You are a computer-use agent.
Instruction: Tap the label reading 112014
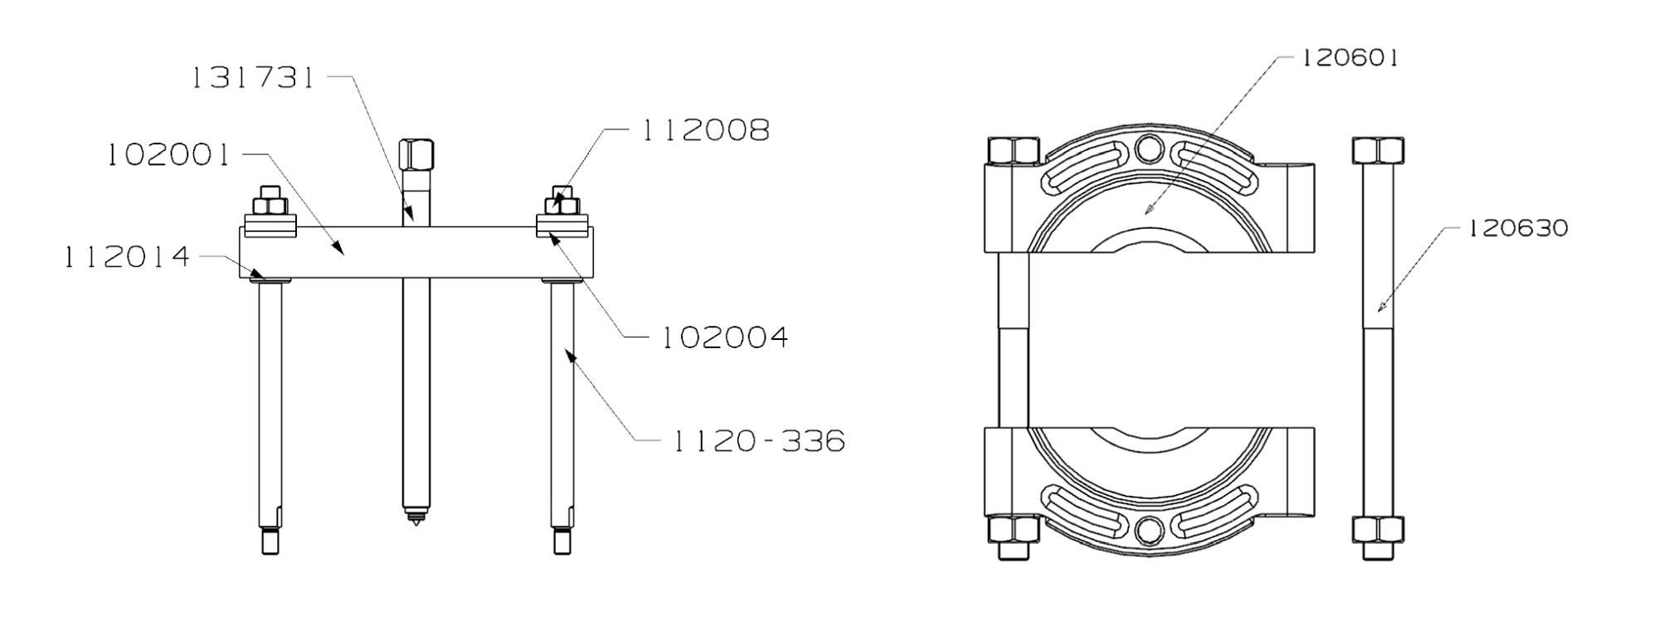click(x=127, y=258)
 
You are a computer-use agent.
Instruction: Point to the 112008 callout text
click(x=706, y=130)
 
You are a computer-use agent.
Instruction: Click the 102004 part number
click(x=724, y=337)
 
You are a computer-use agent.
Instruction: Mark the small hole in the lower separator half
click(x=1149, y=531)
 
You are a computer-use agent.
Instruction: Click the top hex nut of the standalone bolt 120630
click(x=1378, y=151)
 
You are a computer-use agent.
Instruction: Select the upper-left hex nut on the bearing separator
click(x=1014, y=151)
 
